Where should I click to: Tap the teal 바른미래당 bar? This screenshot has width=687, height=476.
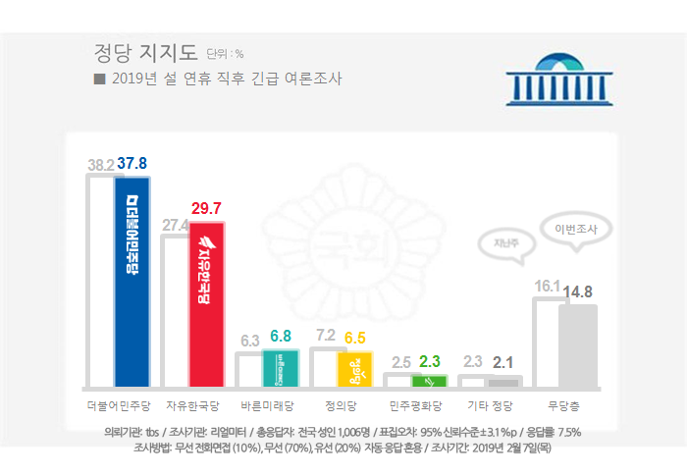click(x=280, y=367)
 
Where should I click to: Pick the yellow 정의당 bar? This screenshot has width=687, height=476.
click(x=354, y=368)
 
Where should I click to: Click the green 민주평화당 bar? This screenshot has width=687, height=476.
click(x=429, y=380)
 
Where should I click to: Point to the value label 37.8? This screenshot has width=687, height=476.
click(x=132, y=164)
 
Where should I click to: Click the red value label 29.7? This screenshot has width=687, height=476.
click(x=209, y=209)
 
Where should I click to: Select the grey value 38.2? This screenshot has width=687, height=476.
click(x=101, y=165)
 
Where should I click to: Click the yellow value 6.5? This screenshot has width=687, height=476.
click(x=355, y=338)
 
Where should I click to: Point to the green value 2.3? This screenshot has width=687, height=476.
click(x=431, y=361)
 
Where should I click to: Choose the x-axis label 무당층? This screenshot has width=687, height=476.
click(x=565, y=404)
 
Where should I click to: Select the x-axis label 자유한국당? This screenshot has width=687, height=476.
click(x=193, y=404)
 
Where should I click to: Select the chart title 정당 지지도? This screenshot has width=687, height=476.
click(x=145, y=51)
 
